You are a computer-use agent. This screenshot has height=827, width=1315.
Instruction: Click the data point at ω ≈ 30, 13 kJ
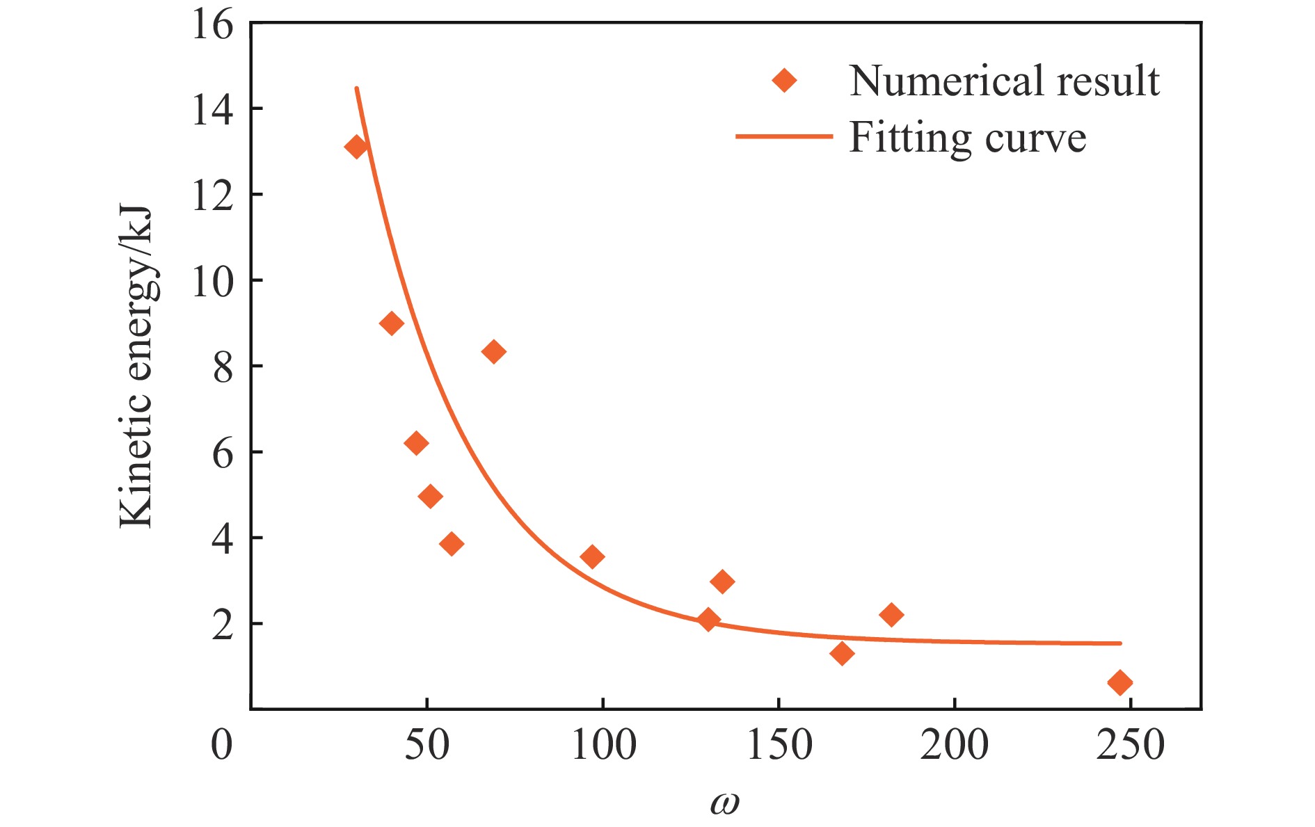click(x=356, y=147)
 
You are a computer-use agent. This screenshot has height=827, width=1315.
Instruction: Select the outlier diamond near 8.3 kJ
click(x=493, y=352)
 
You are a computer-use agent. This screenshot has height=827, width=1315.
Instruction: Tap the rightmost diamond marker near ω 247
click(x=1119, y=682)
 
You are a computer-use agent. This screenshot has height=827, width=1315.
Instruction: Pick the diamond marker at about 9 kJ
click(x=392, y=323)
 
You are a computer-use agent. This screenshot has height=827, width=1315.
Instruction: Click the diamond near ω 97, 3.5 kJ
click(x=592, y=556)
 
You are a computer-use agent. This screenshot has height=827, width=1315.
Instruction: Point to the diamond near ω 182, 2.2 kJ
click(x=891, y=615)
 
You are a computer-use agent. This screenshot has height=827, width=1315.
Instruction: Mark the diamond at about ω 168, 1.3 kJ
click(x=842, y=653)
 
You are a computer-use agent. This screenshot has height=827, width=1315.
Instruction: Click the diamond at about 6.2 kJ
click(x=416, y=443)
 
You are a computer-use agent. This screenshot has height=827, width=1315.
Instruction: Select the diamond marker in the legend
click(x=784, y=81)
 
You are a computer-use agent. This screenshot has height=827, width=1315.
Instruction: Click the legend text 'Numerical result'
click(x=1004, y=81)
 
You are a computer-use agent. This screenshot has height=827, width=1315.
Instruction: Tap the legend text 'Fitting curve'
click(x=967, y=137)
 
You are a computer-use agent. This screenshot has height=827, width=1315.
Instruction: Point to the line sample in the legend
click(x=784, y=137)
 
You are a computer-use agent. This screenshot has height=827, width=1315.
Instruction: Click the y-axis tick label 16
click(x=212, y=26)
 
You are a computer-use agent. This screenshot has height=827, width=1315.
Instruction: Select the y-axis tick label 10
click(x=212, y=282)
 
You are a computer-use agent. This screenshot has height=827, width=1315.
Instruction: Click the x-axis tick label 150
click(x=779, y=746)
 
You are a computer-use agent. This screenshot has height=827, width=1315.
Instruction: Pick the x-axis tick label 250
click(x=1131, y=746)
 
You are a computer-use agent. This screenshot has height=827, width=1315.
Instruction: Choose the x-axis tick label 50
click(x=427, y=746)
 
